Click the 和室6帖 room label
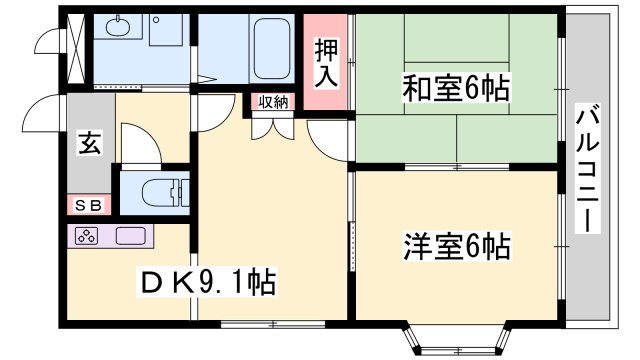(456, 88)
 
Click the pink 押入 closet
(325, 62)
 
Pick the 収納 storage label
(273, 101)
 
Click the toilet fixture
(160, 189)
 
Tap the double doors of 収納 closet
(273, 124)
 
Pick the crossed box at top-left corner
(74, 39)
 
